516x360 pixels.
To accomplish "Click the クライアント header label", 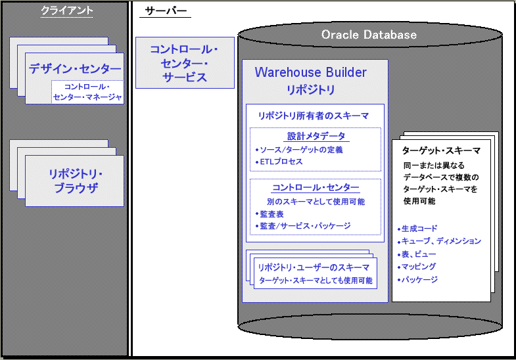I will (66, 11).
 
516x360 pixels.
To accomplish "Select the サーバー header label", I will (164, 11).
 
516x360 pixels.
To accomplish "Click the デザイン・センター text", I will (74, 69).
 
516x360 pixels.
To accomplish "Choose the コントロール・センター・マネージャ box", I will (87, 92).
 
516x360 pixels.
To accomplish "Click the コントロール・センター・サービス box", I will (184, 63).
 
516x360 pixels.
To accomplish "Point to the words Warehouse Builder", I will (311, 72).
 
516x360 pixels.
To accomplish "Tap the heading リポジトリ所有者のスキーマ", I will (314, 115).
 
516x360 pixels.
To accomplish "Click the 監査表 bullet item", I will (269, 214).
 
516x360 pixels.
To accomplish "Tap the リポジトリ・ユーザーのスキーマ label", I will (314, 267).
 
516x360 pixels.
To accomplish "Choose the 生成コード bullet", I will (419, 229).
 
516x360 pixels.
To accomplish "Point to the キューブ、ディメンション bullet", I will (440, 241).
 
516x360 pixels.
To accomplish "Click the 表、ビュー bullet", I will (417, 254).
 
